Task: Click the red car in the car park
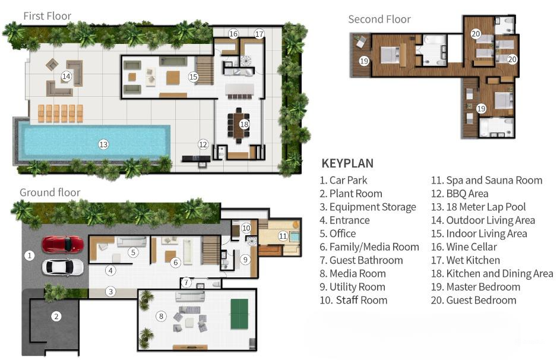63,244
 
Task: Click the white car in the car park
63,267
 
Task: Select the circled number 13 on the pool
103,144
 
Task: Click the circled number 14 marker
67,76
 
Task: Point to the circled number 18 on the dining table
243,124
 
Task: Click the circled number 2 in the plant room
56,316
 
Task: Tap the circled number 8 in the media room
160,316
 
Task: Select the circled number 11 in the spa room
284,236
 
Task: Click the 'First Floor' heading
47,15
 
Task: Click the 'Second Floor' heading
379,19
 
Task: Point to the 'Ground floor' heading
50,192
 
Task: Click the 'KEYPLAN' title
347,163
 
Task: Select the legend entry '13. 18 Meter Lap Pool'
478,207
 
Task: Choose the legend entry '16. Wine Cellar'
464,247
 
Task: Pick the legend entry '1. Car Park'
343,180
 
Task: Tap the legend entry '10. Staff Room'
353,300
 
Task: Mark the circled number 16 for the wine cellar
233,34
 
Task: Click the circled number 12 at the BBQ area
203,144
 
